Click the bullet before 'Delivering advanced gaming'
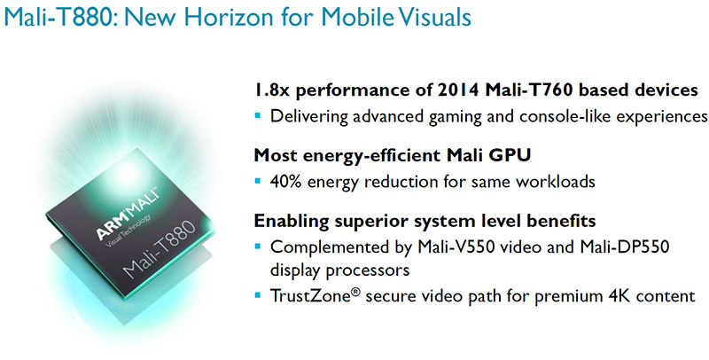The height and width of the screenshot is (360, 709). [258, 116]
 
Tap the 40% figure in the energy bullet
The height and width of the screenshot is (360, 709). [284, 182]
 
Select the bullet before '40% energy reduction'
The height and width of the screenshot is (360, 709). [258, 181]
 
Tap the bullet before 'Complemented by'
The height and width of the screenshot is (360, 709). [258, 247]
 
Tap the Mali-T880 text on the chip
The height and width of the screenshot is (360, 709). [159, 250]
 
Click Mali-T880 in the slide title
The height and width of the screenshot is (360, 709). [60, 17]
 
